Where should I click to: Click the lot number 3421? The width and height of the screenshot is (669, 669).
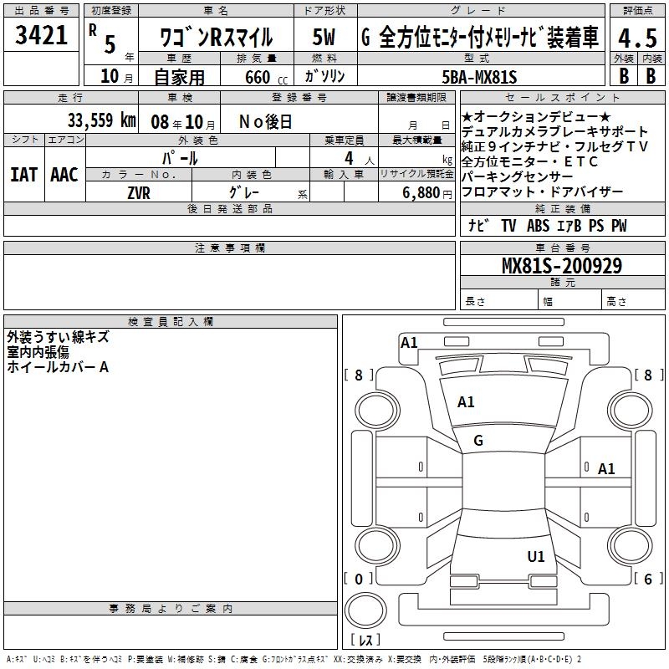click(42, 35)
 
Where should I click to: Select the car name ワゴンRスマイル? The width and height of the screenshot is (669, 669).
click(216, 37)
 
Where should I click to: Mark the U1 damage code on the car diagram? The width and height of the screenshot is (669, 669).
click(536, 556)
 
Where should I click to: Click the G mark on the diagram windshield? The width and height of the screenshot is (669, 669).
click(478, 441)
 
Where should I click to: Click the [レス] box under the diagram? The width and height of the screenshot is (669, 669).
click(365, 641)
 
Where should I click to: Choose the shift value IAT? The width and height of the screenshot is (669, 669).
click(23, 174)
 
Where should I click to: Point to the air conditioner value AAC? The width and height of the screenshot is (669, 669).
click(64, 174)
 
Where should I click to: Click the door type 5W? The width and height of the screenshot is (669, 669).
click(324, 37)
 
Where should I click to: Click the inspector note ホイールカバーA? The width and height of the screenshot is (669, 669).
click(58, 367)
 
